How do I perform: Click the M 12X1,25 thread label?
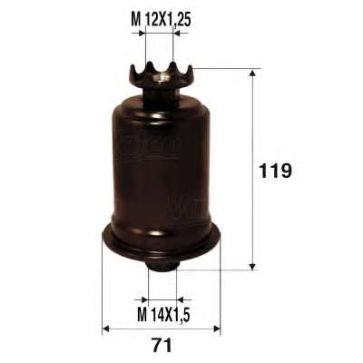161,20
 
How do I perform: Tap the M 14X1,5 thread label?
163,315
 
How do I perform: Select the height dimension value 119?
275,172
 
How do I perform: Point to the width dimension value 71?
162,345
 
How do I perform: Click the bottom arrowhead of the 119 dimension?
252,266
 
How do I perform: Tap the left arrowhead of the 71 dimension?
106,329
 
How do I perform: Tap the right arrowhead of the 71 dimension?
217,329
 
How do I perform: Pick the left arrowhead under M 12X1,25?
142,33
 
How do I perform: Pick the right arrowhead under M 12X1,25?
176,33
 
